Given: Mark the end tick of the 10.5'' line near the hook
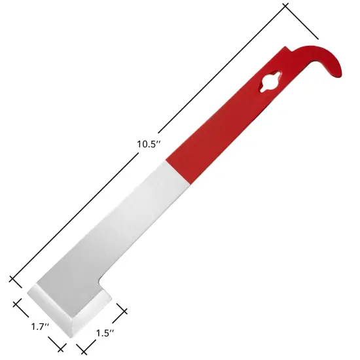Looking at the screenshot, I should pyautogui.click(x=302, y=22).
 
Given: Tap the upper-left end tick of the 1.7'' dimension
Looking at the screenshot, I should pyautogui.click(x=18, y=303).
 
